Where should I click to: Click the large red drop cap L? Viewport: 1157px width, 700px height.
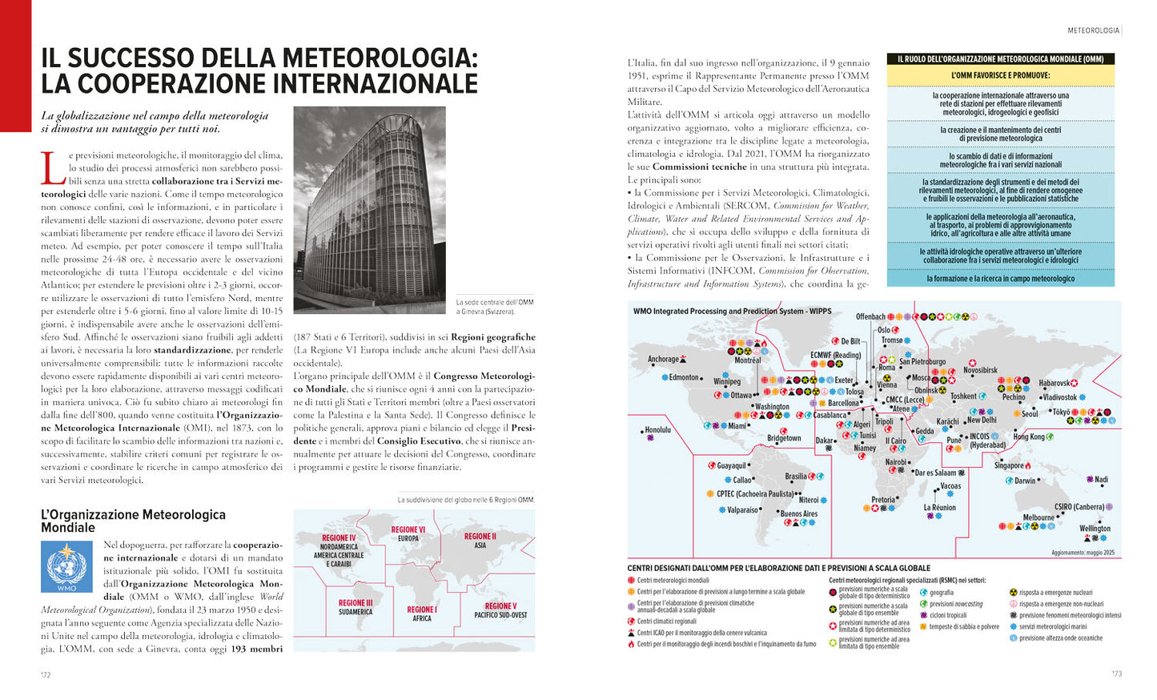53,168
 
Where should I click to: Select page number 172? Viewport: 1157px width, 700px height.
46,674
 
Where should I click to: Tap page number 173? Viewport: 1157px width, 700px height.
1117,674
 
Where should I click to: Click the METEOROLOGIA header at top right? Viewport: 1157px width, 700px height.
1094,30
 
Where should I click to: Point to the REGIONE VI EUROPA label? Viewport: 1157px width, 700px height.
408,534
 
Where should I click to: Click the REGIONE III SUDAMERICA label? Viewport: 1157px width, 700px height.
356,607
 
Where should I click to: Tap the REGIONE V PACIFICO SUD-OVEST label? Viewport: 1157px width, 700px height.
500,610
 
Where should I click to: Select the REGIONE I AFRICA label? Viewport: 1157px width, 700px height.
422,614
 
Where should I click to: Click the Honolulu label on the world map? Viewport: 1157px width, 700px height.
657,430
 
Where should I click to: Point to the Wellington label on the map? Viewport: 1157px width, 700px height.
1095,529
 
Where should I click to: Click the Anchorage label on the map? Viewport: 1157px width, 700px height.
663,360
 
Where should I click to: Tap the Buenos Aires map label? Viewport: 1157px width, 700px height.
798,514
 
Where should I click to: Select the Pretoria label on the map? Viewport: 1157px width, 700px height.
883,500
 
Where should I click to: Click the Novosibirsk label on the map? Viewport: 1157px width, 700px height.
980,371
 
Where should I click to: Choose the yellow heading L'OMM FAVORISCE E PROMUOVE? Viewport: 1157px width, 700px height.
1000,75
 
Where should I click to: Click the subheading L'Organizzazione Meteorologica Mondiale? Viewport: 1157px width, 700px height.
133,521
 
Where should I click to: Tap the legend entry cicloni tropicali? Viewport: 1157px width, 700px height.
948,615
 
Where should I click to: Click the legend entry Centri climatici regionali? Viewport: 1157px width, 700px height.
666,621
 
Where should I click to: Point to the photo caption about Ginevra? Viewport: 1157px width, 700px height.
494,307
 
